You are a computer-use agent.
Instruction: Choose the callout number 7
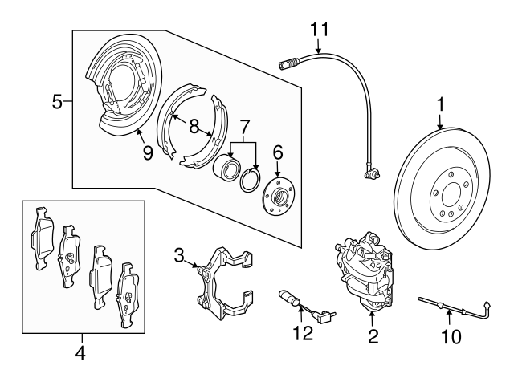[x=244, y=126]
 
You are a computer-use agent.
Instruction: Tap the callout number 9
[x=148, y=152]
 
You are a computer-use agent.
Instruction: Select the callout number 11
[x=320, y=30]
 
